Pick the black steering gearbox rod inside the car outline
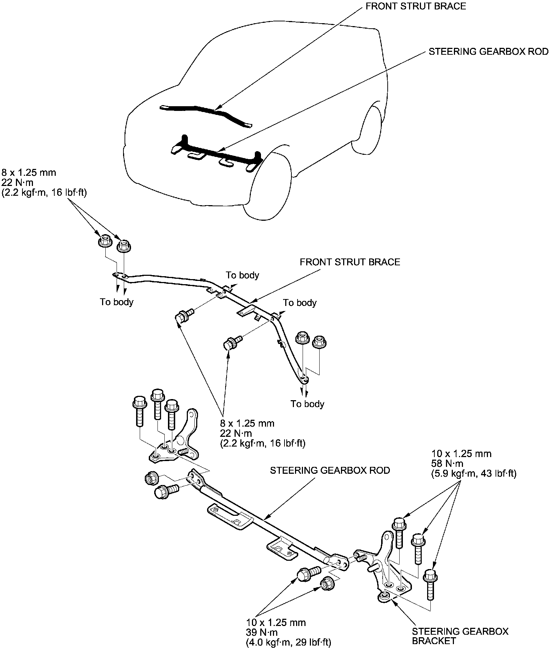(x=216, y=152)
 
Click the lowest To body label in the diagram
(x=307, y=404)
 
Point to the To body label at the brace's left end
(x=117, y=302)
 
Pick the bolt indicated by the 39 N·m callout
(x=308, y=575)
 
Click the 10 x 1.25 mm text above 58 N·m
(x=461, y=453)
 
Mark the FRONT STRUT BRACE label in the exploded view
(x=350, y=262)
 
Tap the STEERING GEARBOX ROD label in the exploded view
(x=330, y=470)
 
